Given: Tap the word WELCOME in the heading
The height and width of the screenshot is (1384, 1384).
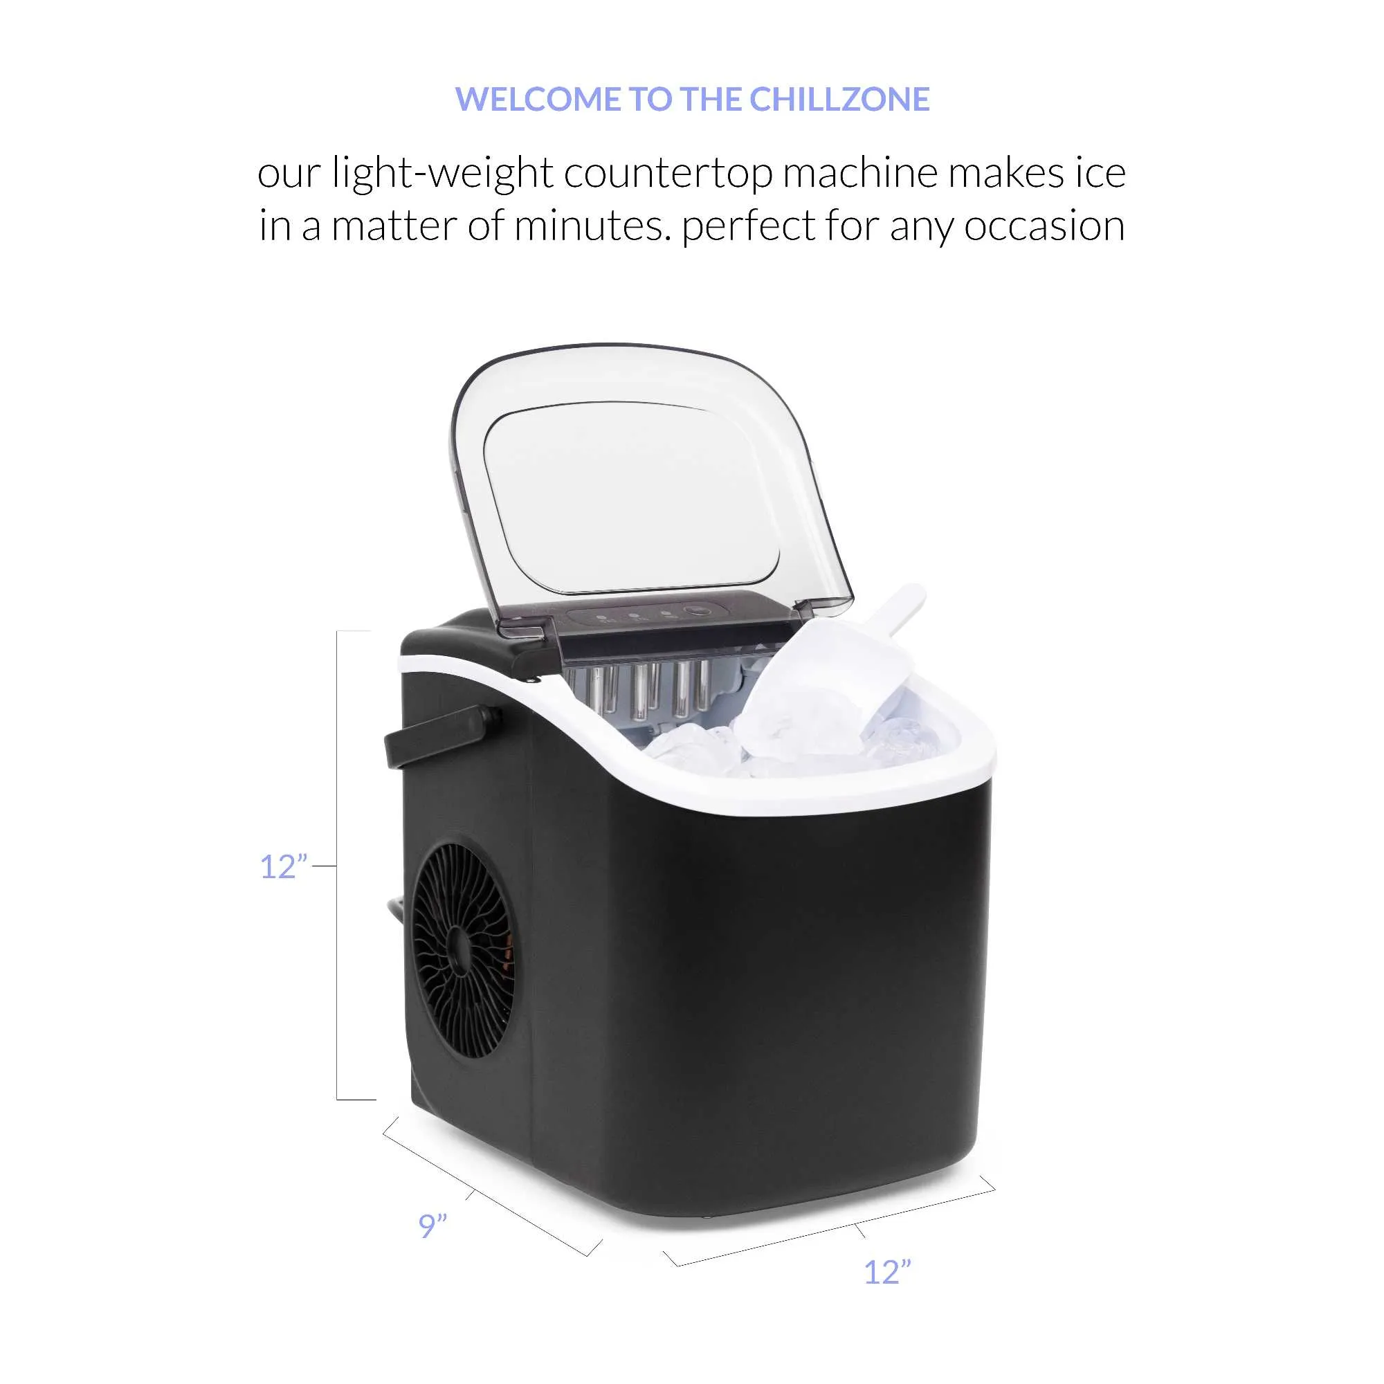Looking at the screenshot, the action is click(538, 99).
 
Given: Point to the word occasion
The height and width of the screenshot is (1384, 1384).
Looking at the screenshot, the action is click(1044, 226).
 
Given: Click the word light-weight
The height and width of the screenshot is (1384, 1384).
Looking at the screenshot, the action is click(444, 174).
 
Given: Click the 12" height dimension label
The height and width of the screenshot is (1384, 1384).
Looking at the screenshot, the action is click(284, 867).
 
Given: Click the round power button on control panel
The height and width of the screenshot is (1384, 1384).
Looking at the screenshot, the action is click(697, 611).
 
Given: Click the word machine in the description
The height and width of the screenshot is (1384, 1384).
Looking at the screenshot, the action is click(859, 174).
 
